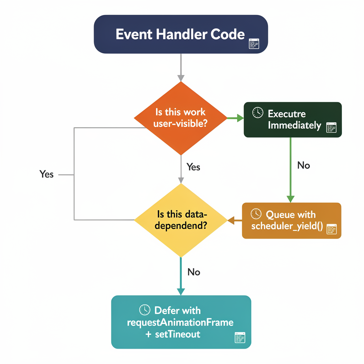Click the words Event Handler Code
(180, 34)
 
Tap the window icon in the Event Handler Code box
(254, 44)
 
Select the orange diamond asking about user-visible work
(181, 118)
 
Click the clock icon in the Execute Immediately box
(258, 113)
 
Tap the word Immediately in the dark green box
(294, 125)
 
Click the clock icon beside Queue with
(256, 214)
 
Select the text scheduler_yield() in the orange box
(287, 226)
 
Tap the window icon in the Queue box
(331, 229)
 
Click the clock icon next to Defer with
(145, 310)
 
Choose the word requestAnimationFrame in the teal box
(180, 322)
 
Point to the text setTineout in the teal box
(178, 334)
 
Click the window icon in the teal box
(240, 337)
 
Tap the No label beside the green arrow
(304, 165)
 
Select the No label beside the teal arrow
(194, 272)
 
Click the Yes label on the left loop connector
(47, 174)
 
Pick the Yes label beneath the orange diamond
(193, 167)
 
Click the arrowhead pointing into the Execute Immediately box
(240, 118)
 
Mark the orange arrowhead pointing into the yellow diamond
(230, 220)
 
